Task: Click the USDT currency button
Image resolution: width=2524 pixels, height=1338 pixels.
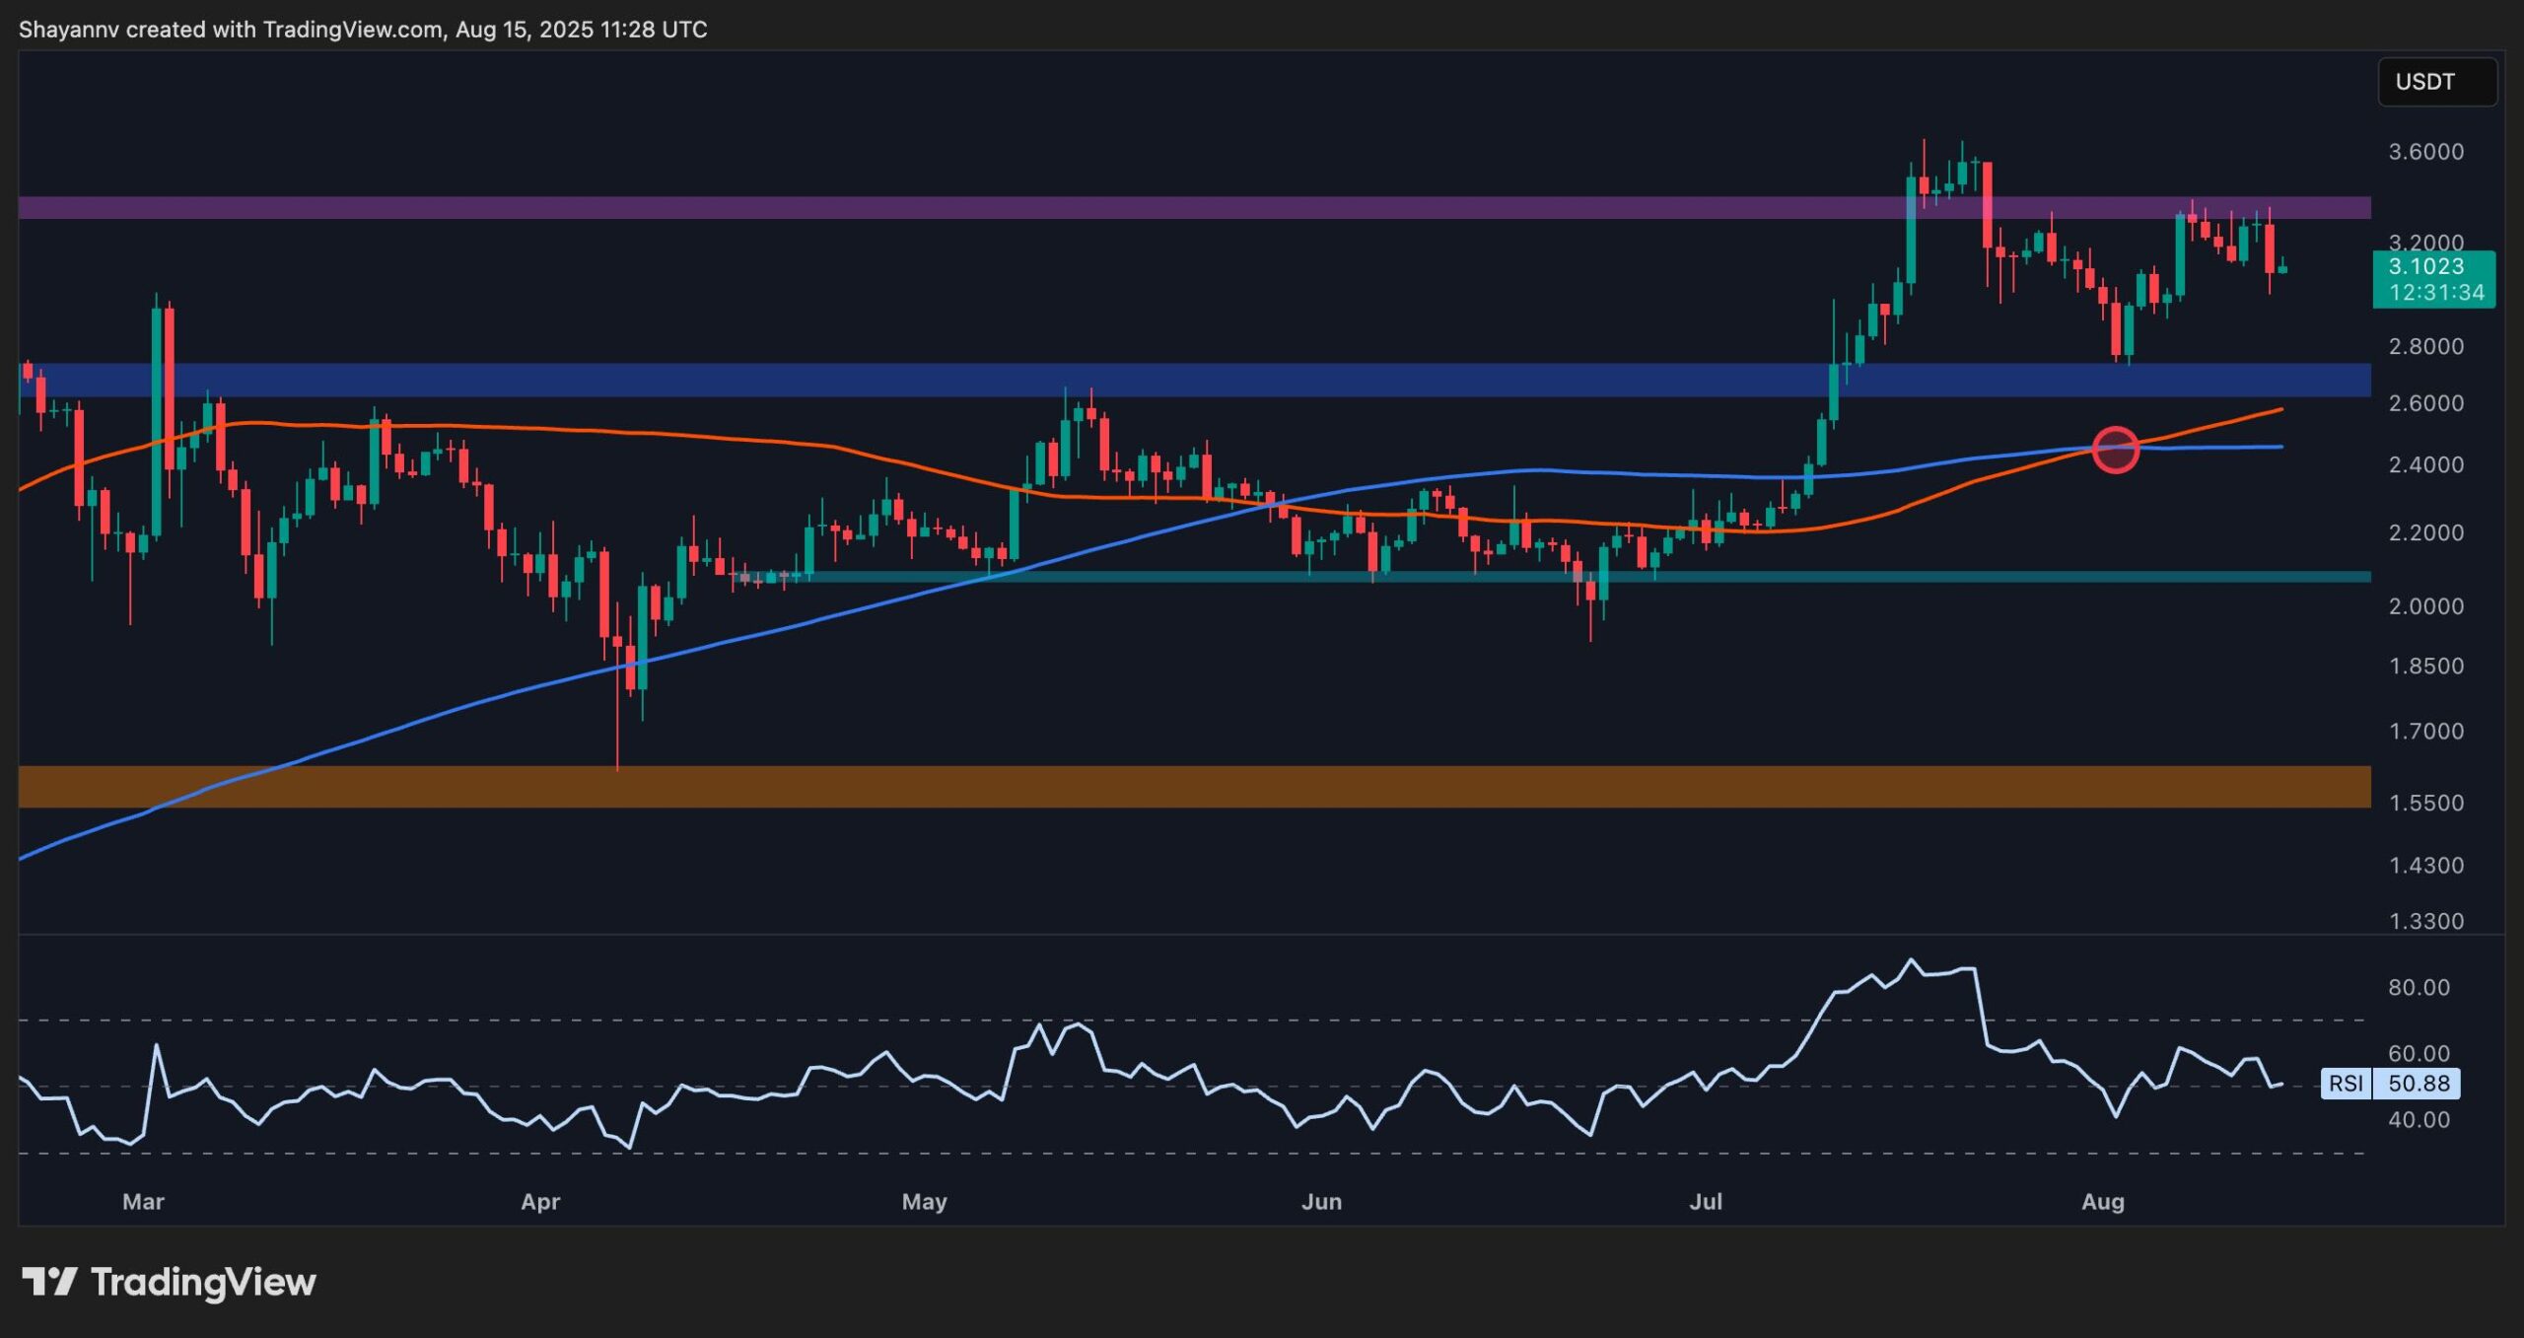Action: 2436,82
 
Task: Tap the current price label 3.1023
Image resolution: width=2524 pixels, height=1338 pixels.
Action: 2426,266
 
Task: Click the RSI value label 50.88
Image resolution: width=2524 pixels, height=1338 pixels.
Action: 2419,1084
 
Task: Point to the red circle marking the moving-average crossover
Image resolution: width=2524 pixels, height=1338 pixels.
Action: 2115,450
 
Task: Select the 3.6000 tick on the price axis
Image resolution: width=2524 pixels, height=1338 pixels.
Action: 2425,152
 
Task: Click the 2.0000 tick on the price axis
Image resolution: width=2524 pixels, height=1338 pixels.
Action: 2425,606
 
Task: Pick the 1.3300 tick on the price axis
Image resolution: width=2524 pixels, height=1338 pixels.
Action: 2425,921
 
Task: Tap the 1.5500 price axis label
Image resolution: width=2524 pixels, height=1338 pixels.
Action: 2425,803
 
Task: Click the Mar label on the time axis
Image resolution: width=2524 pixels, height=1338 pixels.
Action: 143,1202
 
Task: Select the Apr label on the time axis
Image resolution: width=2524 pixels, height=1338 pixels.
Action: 540,1202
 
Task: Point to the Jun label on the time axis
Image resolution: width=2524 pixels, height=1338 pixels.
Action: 1321,1202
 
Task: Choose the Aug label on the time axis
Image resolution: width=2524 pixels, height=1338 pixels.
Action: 2102,1202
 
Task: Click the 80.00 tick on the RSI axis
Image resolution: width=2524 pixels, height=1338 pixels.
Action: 2419,987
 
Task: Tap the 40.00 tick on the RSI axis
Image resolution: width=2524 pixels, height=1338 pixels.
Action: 2419,1120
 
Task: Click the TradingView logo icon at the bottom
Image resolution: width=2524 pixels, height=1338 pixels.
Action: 49,1282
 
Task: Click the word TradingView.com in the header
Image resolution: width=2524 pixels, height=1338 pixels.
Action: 353,30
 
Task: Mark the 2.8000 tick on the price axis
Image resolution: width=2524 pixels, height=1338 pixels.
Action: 2425,346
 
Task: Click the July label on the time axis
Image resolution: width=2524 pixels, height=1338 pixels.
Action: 1706,1202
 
